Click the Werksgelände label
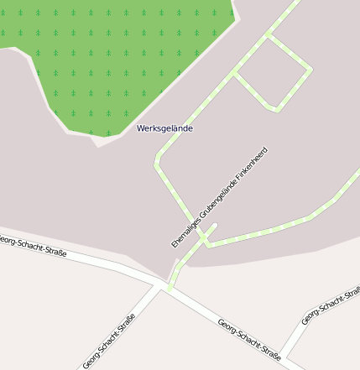[164, 128]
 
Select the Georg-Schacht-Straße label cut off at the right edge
[331, 305]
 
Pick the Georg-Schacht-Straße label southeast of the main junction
[248, 338]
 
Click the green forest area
[109, 59]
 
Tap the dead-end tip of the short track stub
[215, 225]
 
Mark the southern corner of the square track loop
[274, 108]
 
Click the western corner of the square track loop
[234, 75]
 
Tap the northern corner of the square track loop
[269, 35]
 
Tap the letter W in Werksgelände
[141, 128]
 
